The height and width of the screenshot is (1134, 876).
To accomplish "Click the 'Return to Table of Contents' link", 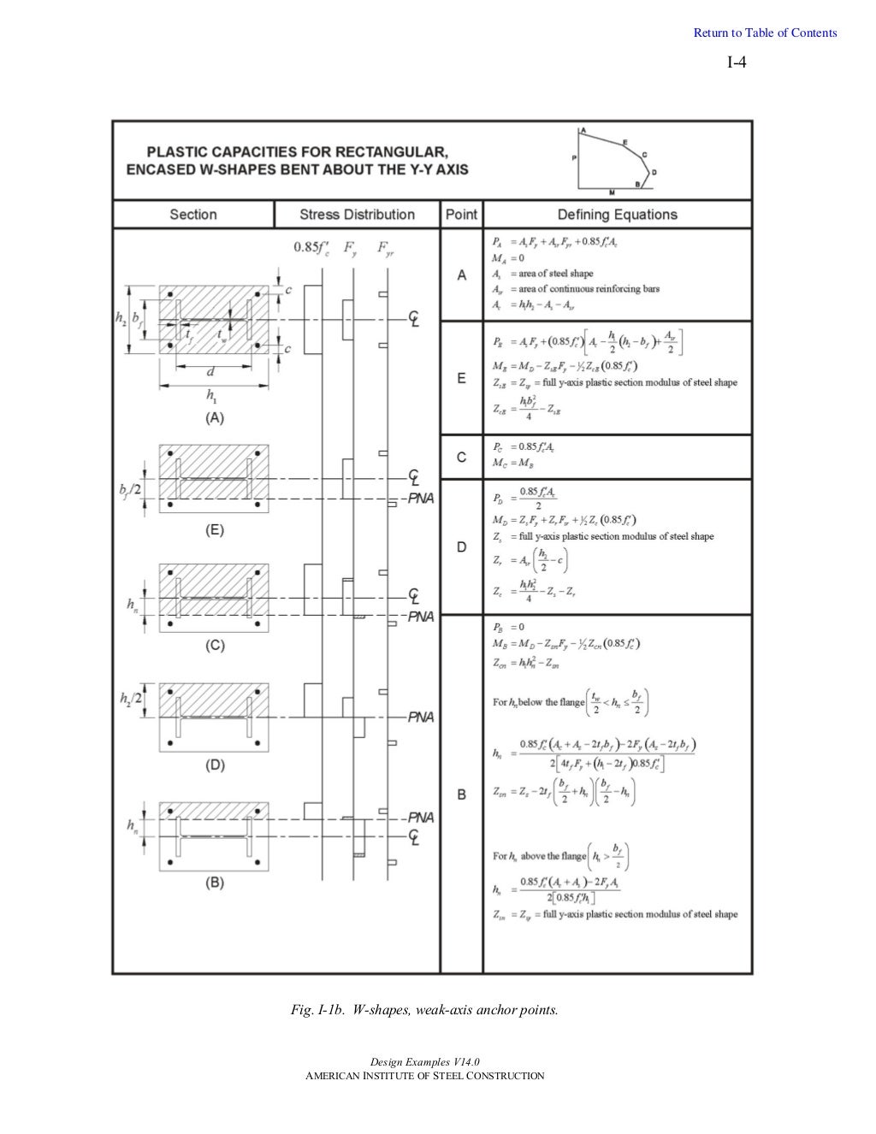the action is pyautogui.click(x=765, y=33).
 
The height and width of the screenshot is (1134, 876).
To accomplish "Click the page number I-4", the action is pyautogui.click(x=737, y=62).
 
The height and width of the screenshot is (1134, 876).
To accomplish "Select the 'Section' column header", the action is pyautogui.click(x=193, y=215).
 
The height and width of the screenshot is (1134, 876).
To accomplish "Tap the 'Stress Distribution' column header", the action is pyautogui.click(x=357, y=215).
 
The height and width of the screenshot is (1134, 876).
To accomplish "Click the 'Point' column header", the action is pyautogui.click(x=461, y=215).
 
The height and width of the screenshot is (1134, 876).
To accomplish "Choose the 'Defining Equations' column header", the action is pyautogui.click(x=617, y=215).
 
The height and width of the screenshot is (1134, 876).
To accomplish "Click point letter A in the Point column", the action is pyautogui.click(x=462, y=275).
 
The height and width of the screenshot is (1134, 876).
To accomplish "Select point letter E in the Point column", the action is pyautogui.click(x=462, y=378).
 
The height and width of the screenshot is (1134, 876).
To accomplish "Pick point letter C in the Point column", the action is pyautogui.click(x=462, y=458).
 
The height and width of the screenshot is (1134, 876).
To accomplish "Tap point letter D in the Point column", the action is pyautogui.click(x=462, y=547).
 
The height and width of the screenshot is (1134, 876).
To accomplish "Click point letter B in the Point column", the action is pyautogui.click(x=462, y=794).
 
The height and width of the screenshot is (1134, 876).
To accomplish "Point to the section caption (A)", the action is pyautogui.click(x=214, y=418).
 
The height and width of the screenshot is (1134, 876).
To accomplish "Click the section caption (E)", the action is pyautogui.click(x=214, y=530).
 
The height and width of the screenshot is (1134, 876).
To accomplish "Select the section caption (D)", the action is pyautogui.click(x=214, y=765).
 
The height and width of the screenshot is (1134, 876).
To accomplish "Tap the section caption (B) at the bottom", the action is pyautogui.click(x=214, y=883).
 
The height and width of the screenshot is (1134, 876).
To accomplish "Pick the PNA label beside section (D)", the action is pyautogui.click(x=420, y=717).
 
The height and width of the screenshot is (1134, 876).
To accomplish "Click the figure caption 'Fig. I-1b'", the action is pyautogui.click(x=424, y=1010).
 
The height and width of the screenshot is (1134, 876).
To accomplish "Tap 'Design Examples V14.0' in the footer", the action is pyautogui.click(x=424, y=1062).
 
